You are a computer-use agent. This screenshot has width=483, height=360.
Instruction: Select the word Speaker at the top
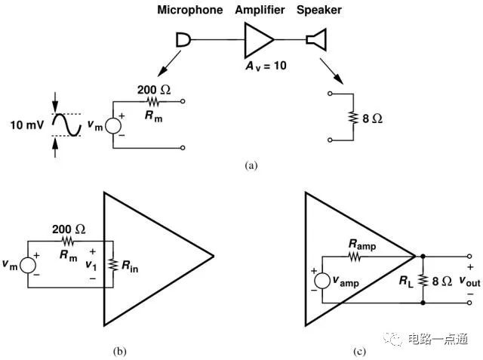319,9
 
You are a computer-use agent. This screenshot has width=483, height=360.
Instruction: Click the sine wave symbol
66,125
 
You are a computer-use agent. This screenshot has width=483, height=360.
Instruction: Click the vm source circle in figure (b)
27,265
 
